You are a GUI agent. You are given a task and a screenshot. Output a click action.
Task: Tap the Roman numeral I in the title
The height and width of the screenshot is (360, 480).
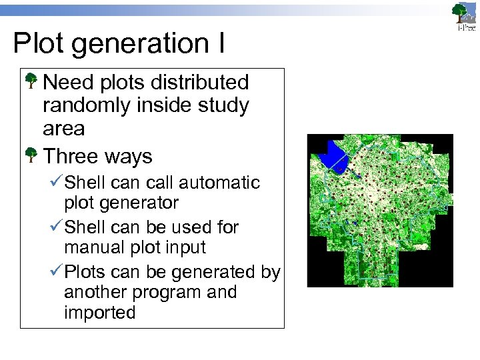tap(219, 43)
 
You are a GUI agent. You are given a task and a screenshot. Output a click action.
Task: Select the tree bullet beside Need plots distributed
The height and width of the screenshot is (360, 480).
tap(31, 83)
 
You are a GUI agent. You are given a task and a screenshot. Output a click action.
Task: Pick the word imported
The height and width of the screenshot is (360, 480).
tap(100, 312)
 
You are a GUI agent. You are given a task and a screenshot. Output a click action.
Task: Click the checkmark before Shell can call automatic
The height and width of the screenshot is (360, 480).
tap(56, 182)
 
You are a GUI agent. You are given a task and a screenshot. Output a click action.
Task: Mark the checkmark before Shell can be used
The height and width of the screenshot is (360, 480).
tap(56, 227)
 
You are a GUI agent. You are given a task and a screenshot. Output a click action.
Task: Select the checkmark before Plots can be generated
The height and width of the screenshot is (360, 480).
tap(56, 272)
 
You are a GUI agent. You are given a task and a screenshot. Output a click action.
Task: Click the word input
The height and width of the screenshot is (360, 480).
tap(187, 247)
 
